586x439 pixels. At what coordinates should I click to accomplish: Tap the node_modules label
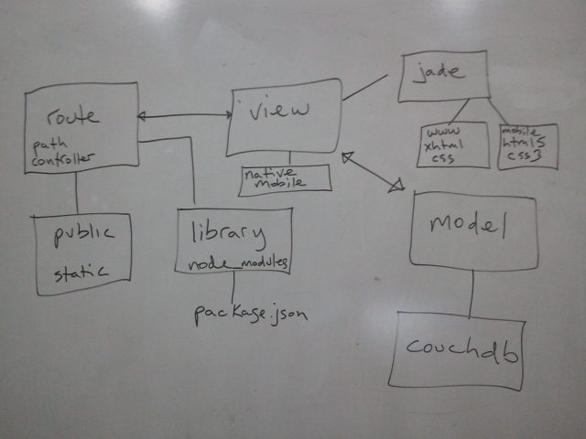(x=237, y=262)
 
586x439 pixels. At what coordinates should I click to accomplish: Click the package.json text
(x=249, y=314)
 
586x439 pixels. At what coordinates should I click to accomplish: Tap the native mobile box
(x=285, y=179)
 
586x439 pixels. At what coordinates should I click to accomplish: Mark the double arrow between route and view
(x=183, y=115)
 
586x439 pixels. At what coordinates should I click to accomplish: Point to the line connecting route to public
(x=76, y=192)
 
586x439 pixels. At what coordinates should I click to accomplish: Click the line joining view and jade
(x=366, y=88)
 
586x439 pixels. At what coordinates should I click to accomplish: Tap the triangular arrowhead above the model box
(x=396, y=187)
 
